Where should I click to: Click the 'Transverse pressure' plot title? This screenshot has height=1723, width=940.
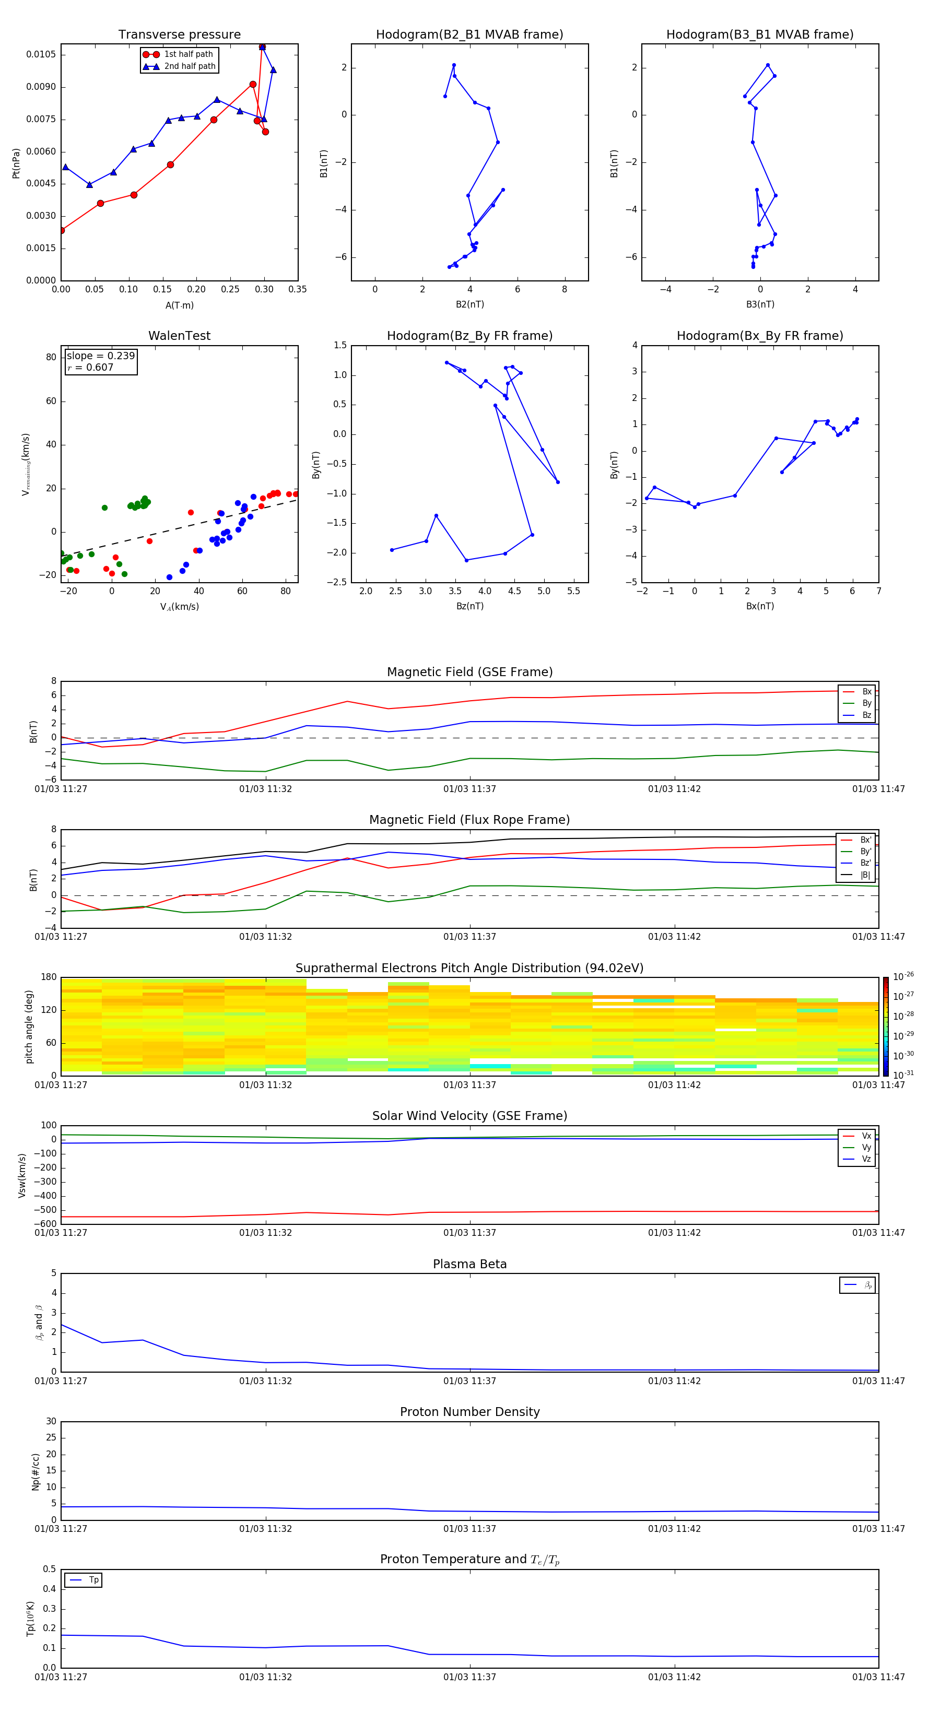point(179,35)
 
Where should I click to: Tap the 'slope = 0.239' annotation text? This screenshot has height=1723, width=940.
point(100,356)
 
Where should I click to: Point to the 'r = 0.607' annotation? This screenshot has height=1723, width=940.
point(90,367)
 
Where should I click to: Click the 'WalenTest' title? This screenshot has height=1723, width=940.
point(179,336)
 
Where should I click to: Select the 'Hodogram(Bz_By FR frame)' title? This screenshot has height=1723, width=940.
point(469,336)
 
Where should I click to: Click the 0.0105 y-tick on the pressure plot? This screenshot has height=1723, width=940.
point(41,54)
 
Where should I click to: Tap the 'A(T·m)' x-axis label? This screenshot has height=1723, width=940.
point(179,305)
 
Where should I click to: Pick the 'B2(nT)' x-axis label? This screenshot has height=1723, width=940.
point(469,304)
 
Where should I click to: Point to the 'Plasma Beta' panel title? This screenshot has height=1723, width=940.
point(469,1264)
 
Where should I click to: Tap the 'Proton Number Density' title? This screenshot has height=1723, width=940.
point(469,1412)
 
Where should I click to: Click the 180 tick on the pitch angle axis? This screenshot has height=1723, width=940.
point(49,977)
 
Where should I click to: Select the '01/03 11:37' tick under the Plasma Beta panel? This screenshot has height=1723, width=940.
point(469,1380)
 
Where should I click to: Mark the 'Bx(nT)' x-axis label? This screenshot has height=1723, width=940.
point(760,606)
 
